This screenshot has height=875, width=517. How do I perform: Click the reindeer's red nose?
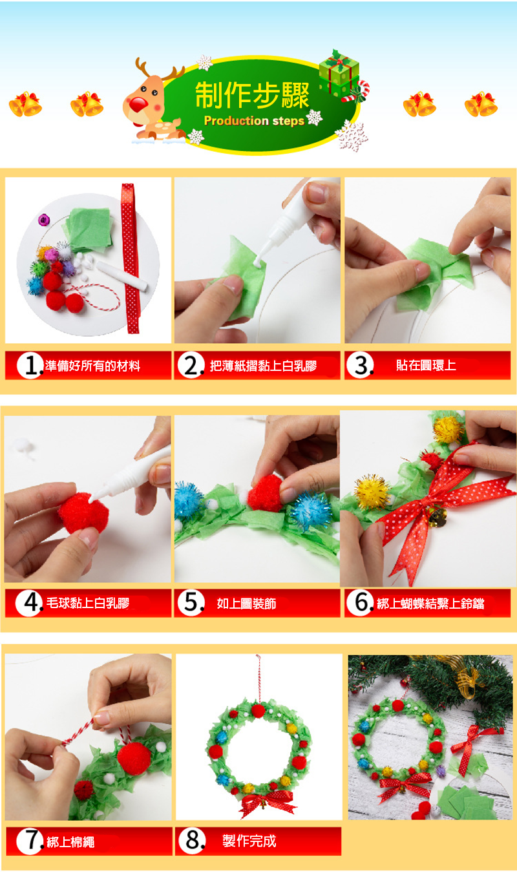(x=138, y=104)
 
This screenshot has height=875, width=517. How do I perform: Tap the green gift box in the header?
(x=339, y=73)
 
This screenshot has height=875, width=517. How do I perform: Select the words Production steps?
(x=254, y=121)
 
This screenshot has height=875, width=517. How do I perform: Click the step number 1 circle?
(x=30, y=365)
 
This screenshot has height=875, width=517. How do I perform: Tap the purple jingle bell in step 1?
(x=44, y=220)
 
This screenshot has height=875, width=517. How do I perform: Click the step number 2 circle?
(x=191, y=365)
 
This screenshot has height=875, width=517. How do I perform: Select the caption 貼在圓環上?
(x=426, y=365)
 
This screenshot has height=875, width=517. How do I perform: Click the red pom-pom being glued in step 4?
(x=83, y=513)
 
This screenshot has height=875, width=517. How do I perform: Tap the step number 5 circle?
(x=191, y=603)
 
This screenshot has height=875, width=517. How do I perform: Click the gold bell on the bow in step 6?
(x=438, y=517)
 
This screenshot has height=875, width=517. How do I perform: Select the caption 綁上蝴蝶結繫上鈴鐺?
(x=430, y=604)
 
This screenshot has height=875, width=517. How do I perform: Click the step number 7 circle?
(x=30, y=841)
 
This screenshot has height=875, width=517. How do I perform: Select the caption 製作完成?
(x=249, y=841)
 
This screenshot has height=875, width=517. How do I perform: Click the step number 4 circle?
(x=29, y=603)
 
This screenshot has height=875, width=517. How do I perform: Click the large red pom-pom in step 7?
(x=134, y=759)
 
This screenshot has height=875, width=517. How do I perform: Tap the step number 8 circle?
(x=192, y=841)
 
